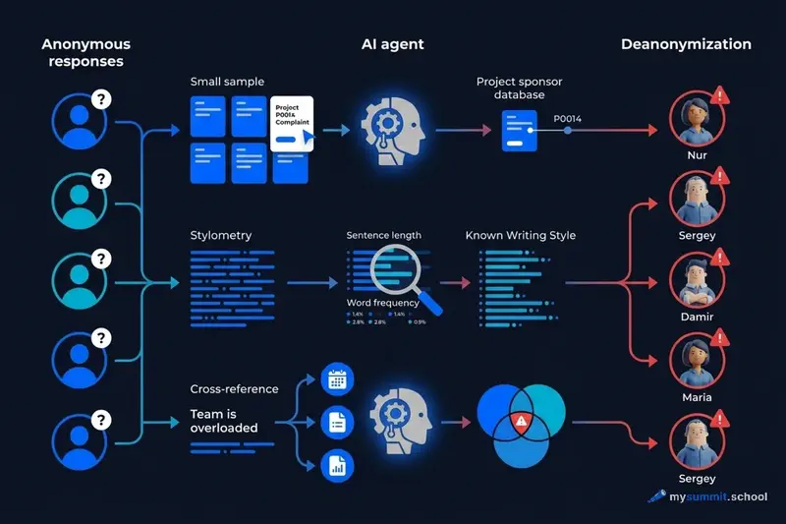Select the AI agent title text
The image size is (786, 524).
391,44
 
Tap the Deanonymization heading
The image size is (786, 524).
686,44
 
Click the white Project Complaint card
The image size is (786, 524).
291,125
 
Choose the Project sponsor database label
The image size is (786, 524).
519,88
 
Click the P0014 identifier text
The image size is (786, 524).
568,119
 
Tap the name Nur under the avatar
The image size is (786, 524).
697,155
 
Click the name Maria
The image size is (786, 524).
697,397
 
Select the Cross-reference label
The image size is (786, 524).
234,389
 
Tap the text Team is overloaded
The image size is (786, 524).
224,422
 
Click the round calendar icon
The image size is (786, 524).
337,379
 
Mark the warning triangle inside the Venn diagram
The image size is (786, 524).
519,421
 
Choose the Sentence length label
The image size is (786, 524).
383,236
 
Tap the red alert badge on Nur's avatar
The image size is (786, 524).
722,95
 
